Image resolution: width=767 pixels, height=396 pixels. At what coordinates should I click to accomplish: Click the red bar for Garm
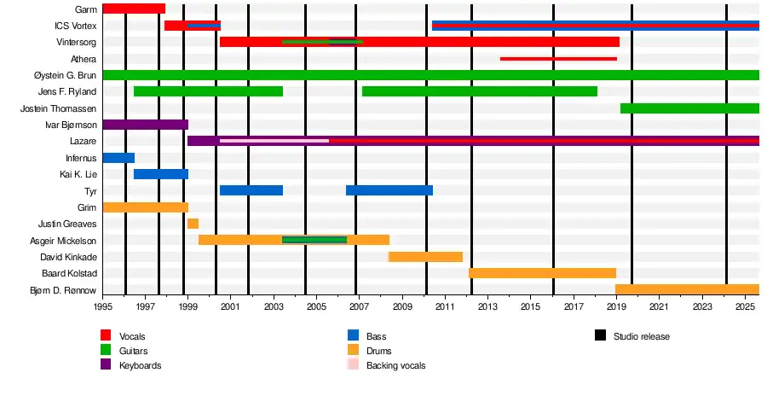coord(134,9)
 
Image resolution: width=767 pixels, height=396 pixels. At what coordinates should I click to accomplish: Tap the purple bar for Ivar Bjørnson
coord(145,125)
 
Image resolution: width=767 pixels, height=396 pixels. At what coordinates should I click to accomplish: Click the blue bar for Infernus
coord(118,158)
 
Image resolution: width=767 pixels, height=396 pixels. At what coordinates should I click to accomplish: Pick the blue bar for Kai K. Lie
coord(161,174)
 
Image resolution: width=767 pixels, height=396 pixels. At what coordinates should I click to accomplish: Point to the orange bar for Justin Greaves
coord(193,224)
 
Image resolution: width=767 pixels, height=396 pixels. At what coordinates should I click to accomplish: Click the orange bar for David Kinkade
coord(426,257)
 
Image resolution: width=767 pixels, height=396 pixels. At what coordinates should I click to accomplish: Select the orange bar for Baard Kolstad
coord(542,273)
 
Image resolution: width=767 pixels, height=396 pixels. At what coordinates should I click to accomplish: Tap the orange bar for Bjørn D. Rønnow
coord(687,289)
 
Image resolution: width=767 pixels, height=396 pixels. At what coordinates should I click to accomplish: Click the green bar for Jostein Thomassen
coord(689,108)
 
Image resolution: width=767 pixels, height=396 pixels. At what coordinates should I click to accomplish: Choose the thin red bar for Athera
coord(558,59)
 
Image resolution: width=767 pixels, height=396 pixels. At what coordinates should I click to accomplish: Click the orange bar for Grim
coord(145,207)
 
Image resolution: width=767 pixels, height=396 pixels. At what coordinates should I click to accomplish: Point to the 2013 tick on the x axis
coord(487,306)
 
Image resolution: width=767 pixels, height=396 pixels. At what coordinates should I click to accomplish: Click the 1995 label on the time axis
coord(103,306)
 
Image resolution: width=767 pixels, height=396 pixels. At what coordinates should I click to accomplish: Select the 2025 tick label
coord(745,306)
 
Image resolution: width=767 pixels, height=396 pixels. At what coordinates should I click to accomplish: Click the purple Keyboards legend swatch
coord(107,364)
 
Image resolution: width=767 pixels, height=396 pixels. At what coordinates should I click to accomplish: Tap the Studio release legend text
coord(641,336)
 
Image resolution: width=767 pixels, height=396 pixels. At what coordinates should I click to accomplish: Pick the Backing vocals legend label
coord(395,365)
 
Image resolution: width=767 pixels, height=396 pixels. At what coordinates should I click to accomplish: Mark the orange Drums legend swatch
coord(354,350)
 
